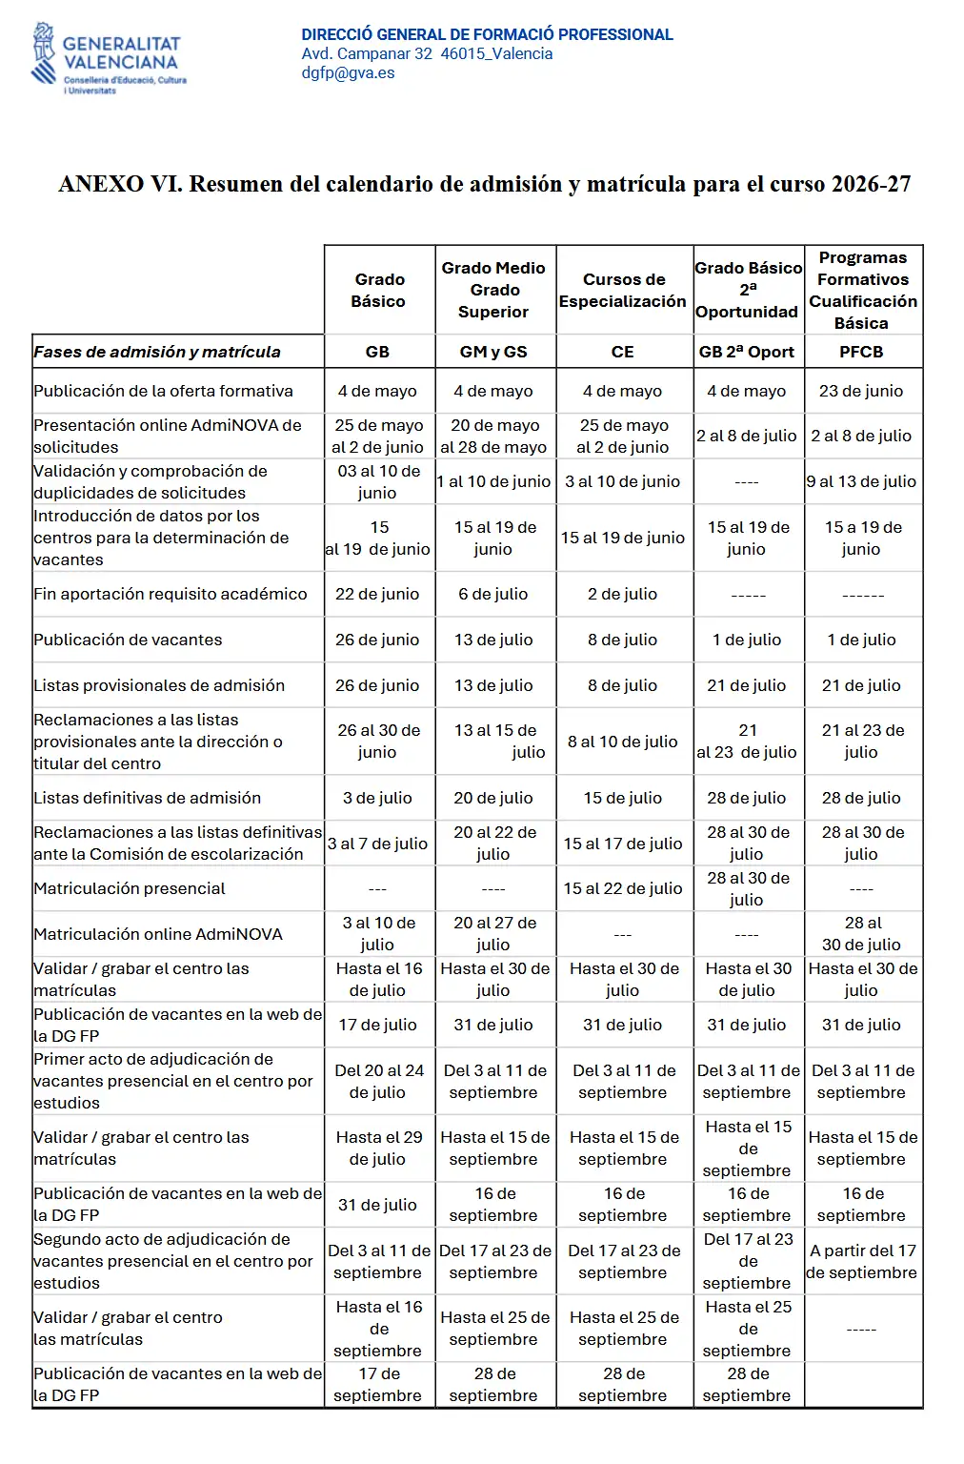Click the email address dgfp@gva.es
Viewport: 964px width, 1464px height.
click(348, 73)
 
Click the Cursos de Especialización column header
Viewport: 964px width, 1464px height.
click(622, 291)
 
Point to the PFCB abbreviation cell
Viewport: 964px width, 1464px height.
click(861, 352)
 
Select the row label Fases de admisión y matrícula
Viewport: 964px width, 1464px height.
click(157, 352)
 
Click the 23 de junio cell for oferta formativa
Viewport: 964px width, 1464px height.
click(861, 391)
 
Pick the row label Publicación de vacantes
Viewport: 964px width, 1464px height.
click(128, 640)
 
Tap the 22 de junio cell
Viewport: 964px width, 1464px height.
click(377, 594)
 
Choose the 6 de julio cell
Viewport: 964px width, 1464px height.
click(492, 594)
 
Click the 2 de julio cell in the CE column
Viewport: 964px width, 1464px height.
click(622, 594)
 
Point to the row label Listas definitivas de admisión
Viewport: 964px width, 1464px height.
click(147, 798)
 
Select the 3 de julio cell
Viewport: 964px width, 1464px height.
click(377, 798)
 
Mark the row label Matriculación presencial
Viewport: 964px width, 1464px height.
click(130, 888)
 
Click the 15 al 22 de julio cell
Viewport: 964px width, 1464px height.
click(622, 888)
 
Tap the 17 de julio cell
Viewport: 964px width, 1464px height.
click(377, 1025)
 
